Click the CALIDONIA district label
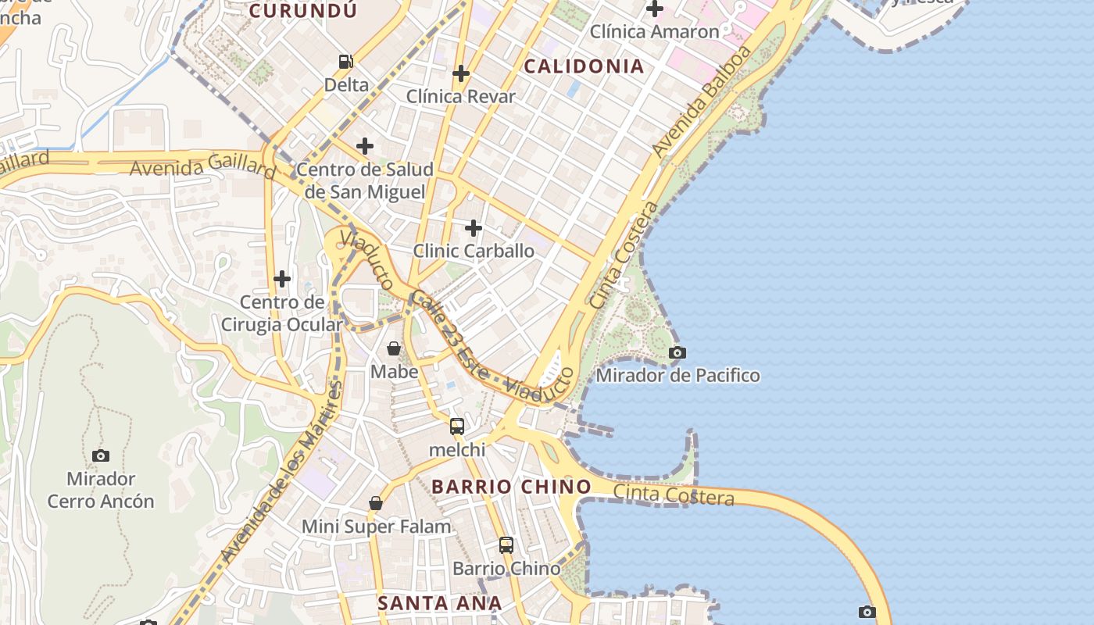click(584, 66)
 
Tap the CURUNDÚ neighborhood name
click(302, 11)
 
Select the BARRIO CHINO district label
click(511, 487)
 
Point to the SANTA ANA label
click(439, 603)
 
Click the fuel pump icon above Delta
click(345, 61)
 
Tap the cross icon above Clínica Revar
click(461, 73)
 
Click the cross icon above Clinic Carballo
click(474, 228)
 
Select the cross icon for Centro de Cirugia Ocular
click(282, 279)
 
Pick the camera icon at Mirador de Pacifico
click(677, 353)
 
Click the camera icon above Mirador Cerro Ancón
click(101, 455)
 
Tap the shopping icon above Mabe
click(394, 348)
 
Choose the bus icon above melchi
click(457, 427)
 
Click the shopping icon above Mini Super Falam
click(376, 503)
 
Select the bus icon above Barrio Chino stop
click(506, 545)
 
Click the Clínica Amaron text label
click(654, 32)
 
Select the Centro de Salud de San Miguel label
click(365, 180)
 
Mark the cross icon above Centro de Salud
click(365, 146)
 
